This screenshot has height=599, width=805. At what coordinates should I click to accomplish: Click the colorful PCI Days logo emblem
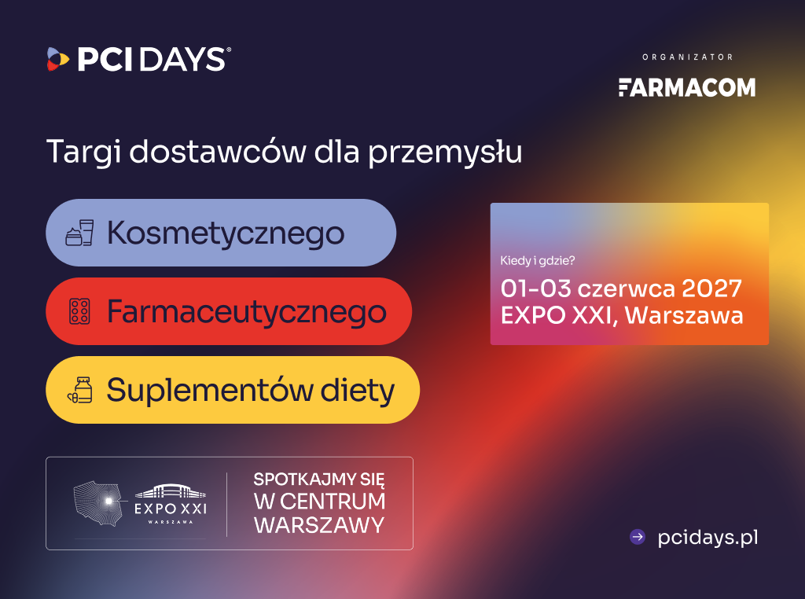pyautogui.click(x=58, y=59)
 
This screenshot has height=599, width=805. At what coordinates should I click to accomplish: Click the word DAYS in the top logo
pyautogui.click(x=182, y=59)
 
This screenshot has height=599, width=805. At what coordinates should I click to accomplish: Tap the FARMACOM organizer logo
pyautogui.click(x=687, y=87)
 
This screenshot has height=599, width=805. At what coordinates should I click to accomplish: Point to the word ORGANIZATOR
pyautogui.click(x=687, y=57)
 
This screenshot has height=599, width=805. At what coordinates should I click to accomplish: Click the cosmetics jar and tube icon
pyautogui.click(x=79, y=233)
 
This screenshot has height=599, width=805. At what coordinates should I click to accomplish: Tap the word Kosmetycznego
pyautogui.click(x=226, y=233)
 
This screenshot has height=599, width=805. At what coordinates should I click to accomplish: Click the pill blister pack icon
pyautogui.click(x=79, y=311)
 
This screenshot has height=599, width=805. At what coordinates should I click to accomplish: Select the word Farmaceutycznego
pyautogui.click(x=246, y=312)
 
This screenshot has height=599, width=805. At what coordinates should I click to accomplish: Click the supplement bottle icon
pyautogui.click(x=80, y=390)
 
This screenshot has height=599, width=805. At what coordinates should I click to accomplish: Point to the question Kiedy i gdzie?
pyautogui.click(x=538, y=261)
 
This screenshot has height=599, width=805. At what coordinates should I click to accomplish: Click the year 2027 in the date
pyautogui.click(x=711, y=288)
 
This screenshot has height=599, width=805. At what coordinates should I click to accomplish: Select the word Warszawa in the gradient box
pyautogui.click(x=684, y=315)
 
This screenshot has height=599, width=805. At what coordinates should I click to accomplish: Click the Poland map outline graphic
pyautogui.click(x=99, y=503)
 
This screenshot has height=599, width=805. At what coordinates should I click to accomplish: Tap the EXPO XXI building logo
pyautogui.click(x=171, y=504)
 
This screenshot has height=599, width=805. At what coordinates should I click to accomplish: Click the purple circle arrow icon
pyautogui.click(x=638, y=537)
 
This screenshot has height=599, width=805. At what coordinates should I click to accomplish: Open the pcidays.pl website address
pyautogui.click(x=708, y=538)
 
